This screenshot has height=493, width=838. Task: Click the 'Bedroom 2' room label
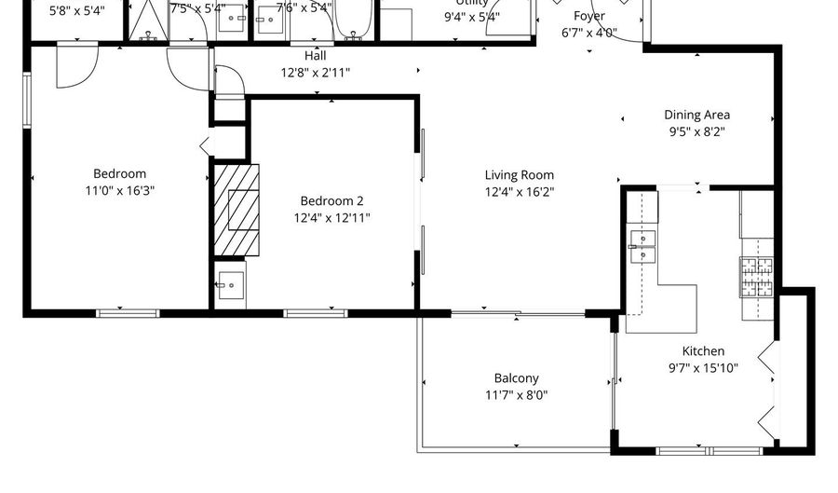pyautogui.click(x=331, y=200)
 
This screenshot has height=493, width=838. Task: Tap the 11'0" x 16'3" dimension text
pyautogui.click(x=119, y=190)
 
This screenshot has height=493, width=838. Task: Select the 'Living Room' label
pyautogui.click(x=519, y=174)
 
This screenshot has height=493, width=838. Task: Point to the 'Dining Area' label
pyautogui.click(x=696, y=115)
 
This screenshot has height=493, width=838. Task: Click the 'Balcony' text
pyautogui.click(x=516, y=378)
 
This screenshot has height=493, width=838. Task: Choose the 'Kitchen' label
pyautogui.click(x=703, y=351)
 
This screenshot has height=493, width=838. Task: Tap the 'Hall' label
pyautogui.click(x=316, y=55)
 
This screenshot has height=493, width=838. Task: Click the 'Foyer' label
pyautogui.click(x=588, y=16)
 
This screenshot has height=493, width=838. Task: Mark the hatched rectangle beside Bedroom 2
pyautogui.click(x=237, y=210)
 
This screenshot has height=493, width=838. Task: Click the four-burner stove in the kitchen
pyautogui.click(x=756, y=276)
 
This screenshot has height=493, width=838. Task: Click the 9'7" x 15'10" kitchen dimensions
pyautogui.click(x=703, y=368)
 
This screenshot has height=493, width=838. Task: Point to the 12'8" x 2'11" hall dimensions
pyautogui.click(x=316, y=72)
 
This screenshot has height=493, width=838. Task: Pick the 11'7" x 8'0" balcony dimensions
pyautogui.click(x=516, y=395)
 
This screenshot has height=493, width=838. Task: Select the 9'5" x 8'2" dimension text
pyautogui.click(x=696, y=131)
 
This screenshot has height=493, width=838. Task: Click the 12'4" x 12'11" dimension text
pyautogui.click(x=331, y=217)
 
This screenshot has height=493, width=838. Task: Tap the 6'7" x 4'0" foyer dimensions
pyautogui.click(x=588, y=33)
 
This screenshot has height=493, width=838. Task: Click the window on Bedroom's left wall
pyautogui.click(x=27, y=98)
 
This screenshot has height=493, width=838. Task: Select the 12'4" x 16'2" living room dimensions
pyautogui.click(x=519, y=191)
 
